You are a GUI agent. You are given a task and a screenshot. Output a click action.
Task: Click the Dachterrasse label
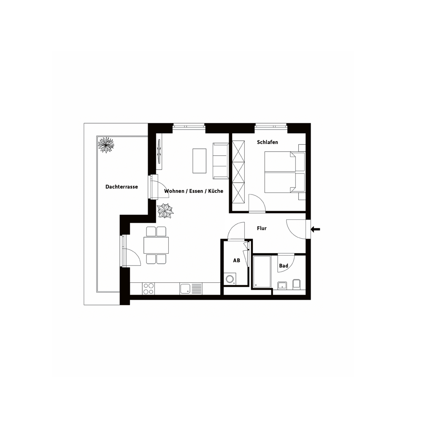(x=122, y=187)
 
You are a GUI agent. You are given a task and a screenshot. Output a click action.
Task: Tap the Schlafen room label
(x=267, y=142)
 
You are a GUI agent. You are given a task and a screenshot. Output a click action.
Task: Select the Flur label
(x=262, y=228)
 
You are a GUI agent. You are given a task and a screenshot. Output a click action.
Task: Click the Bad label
(x=284, y=265)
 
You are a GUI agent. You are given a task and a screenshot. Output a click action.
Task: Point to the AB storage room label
(x=237, y=260)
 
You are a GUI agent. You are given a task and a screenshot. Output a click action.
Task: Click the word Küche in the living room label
(x=216, y=191)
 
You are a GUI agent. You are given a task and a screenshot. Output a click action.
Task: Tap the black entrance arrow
(x=315, y=229)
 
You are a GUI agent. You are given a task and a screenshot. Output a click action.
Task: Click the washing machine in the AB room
(x=230, y=279)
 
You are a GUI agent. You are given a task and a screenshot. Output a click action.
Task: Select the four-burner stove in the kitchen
(x=149, y=289)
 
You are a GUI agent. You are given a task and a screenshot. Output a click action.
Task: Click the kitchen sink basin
(x=185, y=289)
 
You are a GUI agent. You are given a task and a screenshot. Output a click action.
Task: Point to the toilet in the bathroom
(x=296, y=284)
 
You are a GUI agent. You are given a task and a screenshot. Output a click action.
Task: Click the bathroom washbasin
(x=282, y=286)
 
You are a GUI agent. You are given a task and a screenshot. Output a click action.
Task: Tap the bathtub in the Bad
(x=262, y=271)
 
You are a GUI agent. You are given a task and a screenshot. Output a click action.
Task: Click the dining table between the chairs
(x=156, y=245)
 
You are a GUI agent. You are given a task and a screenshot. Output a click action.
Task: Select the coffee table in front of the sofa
(x=200, y=161)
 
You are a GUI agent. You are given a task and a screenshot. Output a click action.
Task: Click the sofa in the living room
(x=221, y=161)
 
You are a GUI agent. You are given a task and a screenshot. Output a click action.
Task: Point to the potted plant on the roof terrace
(x=106, y=145)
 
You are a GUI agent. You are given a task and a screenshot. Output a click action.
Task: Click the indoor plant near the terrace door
(x=165, y=211)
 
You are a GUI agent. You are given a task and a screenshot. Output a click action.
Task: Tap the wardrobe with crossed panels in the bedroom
(x=238, y=172)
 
